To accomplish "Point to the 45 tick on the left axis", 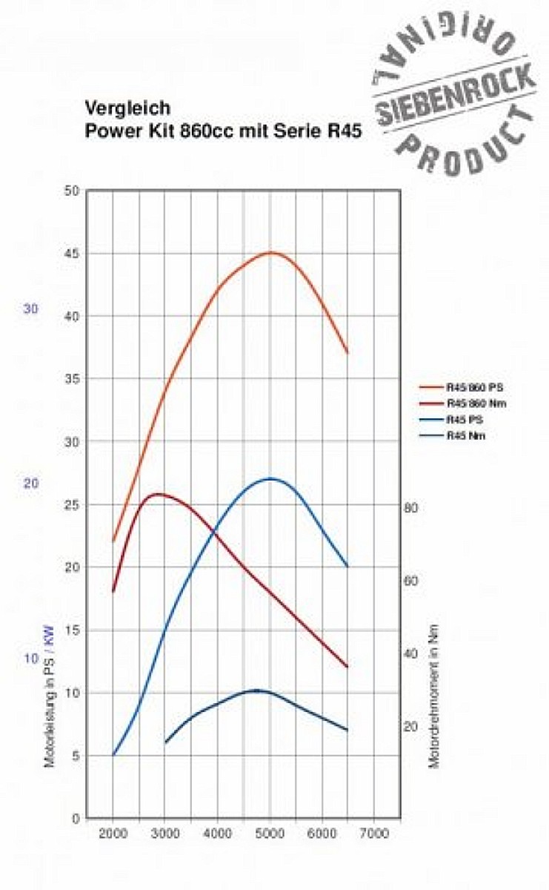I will point(72,254).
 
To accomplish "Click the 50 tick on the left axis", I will point(72,191).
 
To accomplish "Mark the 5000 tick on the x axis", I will point(270,834).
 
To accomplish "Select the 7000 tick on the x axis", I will point(375,834).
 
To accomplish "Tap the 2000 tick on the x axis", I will point(113,834).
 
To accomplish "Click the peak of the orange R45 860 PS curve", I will point(270,252).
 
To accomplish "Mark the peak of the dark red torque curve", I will point(158,493).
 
